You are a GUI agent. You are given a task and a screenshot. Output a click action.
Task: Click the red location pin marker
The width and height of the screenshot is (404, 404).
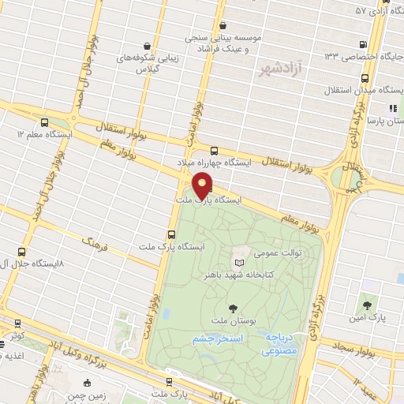point(203,185)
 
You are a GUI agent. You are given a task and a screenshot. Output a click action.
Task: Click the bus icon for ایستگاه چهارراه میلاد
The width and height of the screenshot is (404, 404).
point(214,151)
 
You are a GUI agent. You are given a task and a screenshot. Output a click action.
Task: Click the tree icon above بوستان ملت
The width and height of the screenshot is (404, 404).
point(232,308)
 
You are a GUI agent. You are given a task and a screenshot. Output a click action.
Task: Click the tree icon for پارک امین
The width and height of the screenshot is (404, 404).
point(365,304)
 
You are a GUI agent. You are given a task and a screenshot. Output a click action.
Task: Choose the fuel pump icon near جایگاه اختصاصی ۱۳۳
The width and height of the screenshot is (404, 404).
point(361,44)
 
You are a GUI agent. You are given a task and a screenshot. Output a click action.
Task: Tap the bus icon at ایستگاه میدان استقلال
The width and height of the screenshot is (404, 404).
point(365,79)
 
